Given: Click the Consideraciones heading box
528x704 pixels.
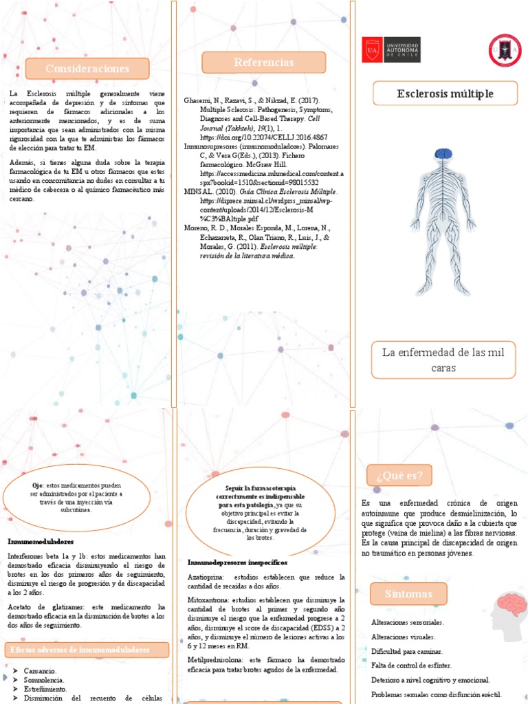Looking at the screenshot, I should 87,68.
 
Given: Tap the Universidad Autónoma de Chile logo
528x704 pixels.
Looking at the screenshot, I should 390,49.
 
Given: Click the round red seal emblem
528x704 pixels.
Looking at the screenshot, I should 505,50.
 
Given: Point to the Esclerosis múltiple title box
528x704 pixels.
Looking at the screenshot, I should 445,93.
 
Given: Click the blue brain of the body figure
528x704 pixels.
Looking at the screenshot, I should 445,157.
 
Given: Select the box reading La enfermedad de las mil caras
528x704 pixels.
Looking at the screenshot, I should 443,360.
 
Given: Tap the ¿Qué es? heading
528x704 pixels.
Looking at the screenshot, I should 399,475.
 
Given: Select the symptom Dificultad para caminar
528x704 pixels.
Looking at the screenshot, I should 406,651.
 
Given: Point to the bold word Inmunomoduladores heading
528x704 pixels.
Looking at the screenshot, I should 41,542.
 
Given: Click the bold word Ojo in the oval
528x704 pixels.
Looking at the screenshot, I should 37,485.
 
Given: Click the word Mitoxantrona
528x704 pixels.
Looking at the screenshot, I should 208,599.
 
